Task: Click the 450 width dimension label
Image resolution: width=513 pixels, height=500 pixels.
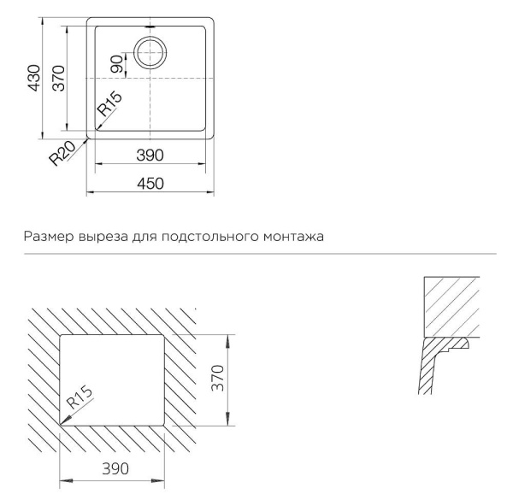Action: point(150,183)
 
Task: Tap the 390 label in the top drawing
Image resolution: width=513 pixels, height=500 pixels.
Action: point(150,155)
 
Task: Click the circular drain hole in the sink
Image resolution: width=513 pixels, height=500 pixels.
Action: point(150,53)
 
